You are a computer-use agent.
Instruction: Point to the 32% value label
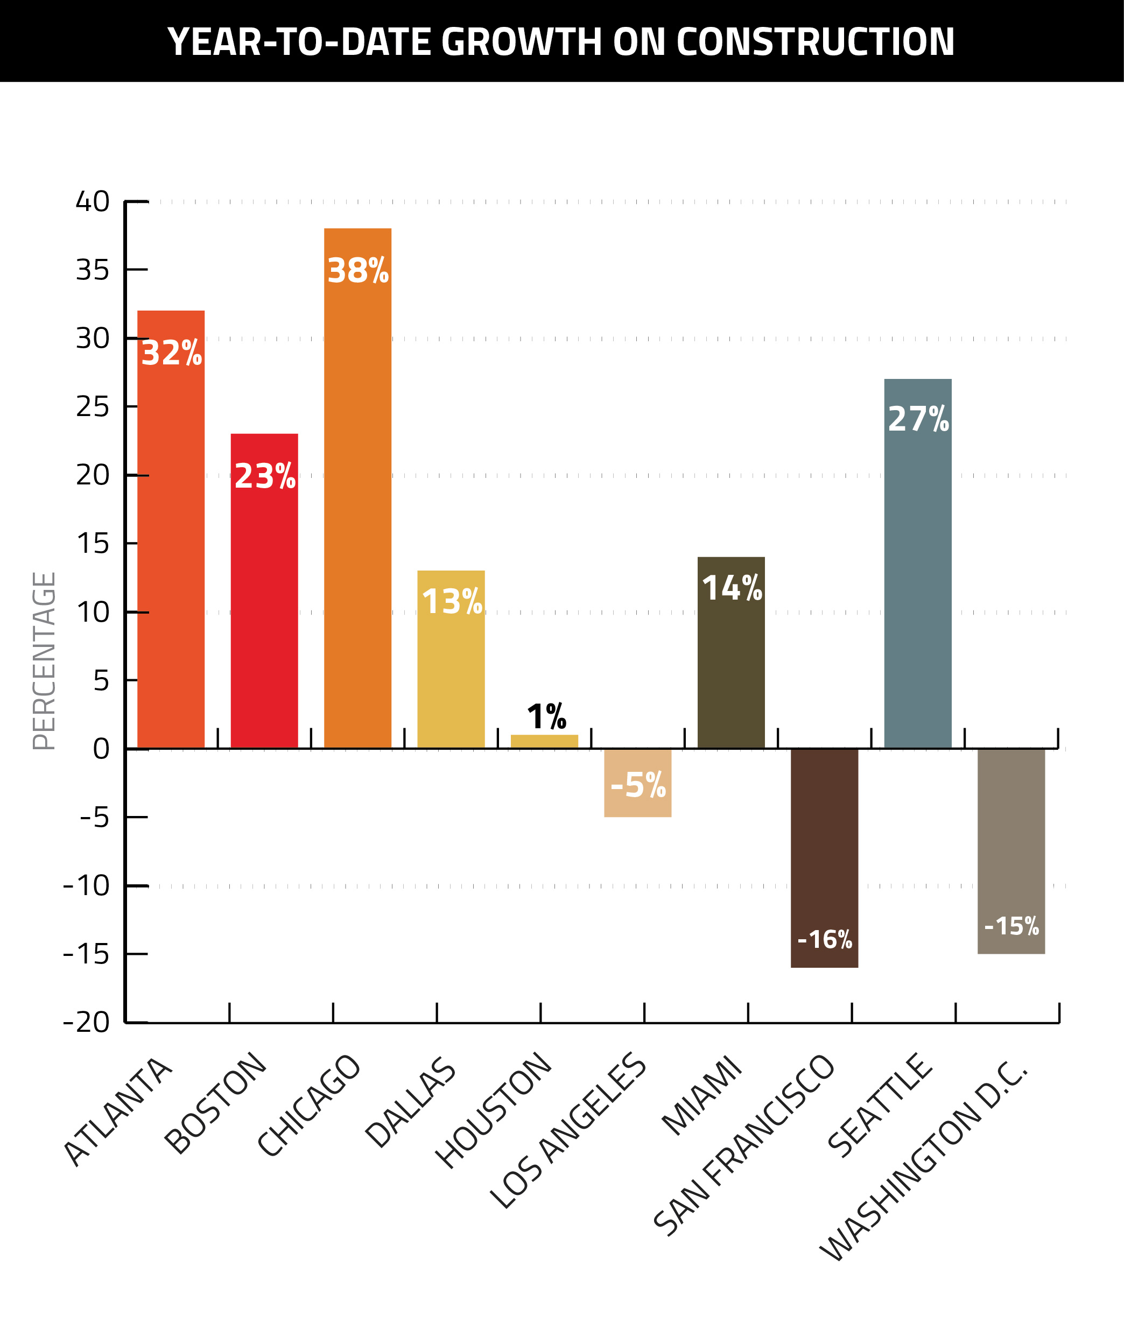171,353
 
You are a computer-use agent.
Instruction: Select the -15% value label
1011,926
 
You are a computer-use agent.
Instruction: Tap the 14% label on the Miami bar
732,587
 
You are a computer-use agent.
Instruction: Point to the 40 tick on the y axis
93,201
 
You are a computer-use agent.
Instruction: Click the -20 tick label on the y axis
87,1022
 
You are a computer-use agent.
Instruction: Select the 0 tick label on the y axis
101,749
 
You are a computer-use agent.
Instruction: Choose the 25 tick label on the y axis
93,406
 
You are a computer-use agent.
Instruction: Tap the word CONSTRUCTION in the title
815,42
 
